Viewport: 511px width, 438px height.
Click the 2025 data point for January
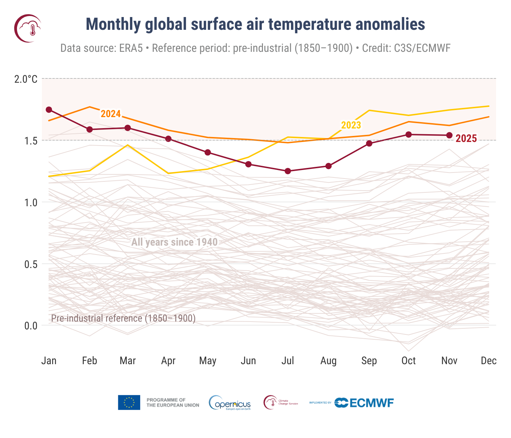(49, 110)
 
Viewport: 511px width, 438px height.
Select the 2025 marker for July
(288, 171)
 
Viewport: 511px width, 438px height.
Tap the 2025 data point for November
(449, 135)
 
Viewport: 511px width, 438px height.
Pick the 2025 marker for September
(369, 143)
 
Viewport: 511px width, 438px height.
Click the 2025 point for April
(168, 139)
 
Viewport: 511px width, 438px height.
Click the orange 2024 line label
(111, 114)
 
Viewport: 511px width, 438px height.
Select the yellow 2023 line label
(351, 125)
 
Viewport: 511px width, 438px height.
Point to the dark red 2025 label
(466, 139)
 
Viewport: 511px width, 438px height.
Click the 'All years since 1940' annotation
(174, 242)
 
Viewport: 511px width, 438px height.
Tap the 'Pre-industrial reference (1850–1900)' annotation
(123, 318)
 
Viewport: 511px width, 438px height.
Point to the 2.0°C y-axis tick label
(26, 79)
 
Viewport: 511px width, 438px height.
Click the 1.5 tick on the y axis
(31, 141)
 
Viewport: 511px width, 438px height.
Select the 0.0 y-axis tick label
(31, 326)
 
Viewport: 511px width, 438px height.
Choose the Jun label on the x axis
(248, 361)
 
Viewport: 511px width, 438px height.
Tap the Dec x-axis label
(488, 361)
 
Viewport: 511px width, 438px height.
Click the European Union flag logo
(129, 403)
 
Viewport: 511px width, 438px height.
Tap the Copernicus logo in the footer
(230, 403)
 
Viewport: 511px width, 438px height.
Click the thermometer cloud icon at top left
(28, 28)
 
